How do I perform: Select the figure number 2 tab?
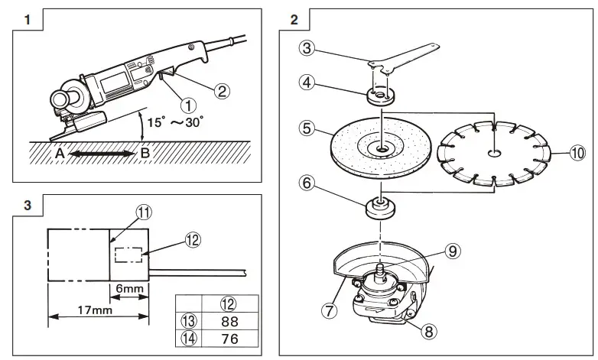coord(294,20)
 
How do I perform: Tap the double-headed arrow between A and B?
coord(101,152)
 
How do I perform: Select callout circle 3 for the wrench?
coord(306,49)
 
